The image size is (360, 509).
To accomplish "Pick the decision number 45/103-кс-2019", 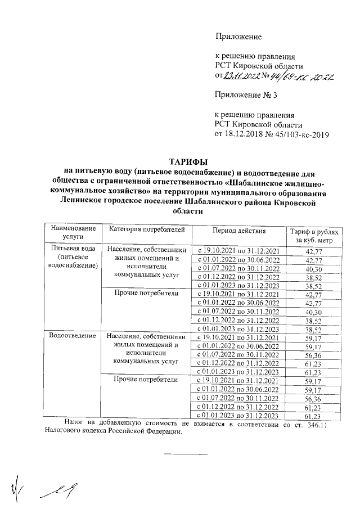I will [x=300, y=134].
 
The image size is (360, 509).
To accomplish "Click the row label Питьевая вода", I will [x=70, y=248].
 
